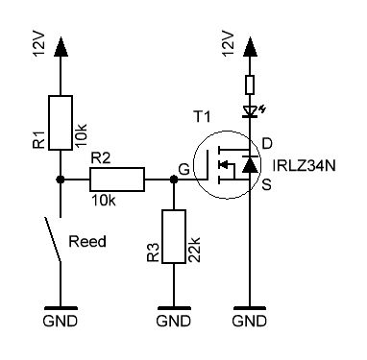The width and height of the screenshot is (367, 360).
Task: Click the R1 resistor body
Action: (x=61, y=123)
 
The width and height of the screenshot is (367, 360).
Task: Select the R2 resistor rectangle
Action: (x=117, y=180)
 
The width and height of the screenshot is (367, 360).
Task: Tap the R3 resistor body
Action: (x=174, y=237)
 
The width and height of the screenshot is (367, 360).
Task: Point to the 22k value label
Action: (x=194, y=250)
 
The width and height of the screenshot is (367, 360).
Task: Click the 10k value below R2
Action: (x=104, y=201)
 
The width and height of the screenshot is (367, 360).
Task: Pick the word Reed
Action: (x=87, y=242)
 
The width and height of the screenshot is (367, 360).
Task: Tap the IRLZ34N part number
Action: (x=304, y=166)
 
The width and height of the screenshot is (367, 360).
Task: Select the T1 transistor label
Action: (x=202, y=116)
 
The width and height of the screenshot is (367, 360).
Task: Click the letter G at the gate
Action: (x=184, y=169)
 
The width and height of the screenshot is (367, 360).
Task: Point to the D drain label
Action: (x=267, y=144)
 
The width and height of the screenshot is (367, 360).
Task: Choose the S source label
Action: (x=267, y=184)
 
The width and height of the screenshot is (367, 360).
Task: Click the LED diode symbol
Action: (x=251, y=111)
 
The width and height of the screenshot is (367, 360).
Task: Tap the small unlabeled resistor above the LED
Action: (x=250, y=84)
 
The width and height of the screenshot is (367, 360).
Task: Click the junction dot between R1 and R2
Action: (x=61, y=180)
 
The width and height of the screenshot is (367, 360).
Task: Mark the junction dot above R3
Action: (x=174, y=180)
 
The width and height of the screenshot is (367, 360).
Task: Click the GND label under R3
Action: (x=174, y=321)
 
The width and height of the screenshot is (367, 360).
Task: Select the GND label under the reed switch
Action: (x=61, y=321)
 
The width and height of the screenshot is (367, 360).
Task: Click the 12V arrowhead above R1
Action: (x=61, y=47)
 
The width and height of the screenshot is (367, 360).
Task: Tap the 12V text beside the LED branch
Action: (x=228, y=43)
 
